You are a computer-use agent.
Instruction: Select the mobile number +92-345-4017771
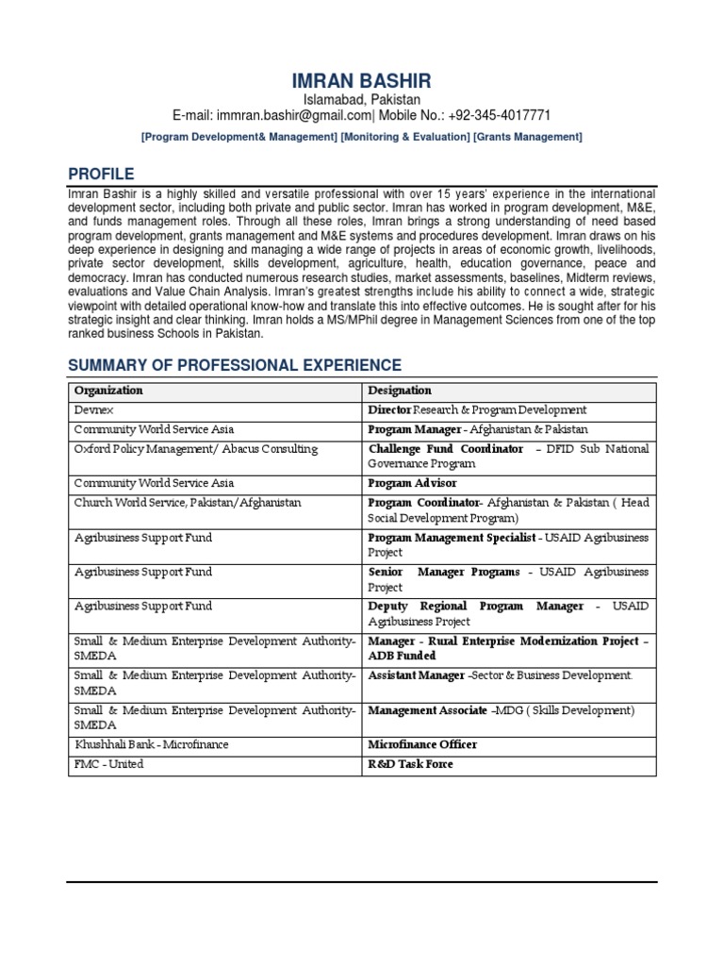495,115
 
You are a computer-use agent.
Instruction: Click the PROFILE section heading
101,174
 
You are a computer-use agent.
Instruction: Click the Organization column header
108,390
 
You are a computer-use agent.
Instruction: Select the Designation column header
400,390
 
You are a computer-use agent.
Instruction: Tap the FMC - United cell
109,764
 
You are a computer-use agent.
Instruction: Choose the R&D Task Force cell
410,764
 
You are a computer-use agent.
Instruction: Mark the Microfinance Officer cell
421,744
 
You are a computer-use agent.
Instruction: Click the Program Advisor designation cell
412,483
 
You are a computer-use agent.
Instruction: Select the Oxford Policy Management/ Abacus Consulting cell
196,449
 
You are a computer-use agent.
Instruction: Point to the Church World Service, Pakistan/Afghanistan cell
188,503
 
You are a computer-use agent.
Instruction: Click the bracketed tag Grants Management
527,137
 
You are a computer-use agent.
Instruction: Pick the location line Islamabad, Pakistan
361,99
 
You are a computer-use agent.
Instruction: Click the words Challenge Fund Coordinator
445,449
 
